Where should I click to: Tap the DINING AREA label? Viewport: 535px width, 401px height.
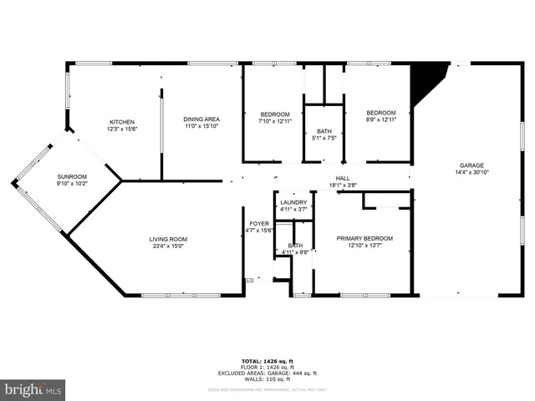tap(201, 119)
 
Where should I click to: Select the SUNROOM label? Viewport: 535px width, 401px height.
tap(72, 177)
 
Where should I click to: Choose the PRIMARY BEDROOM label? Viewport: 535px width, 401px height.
tap(364, 238)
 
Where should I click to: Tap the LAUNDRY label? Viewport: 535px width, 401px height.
tap(293, 203)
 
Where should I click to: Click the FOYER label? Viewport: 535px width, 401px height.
tap(259, 224)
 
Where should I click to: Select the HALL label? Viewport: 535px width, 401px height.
tap(343, 178)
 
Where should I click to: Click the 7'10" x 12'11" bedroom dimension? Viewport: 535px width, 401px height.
tap(275, 121)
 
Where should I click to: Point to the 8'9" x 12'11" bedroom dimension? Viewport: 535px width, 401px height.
tap(380, 119)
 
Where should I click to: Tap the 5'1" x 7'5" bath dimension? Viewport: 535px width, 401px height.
tap(324, 139)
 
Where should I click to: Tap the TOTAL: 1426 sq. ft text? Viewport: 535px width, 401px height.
tap(268, 360)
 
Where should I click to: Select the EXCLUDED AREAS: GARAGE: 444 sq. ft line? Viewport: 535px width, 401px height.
tap(268, 373)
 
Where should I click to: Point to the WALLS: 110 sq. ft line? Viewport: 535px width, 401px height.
tap(268, 380)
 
